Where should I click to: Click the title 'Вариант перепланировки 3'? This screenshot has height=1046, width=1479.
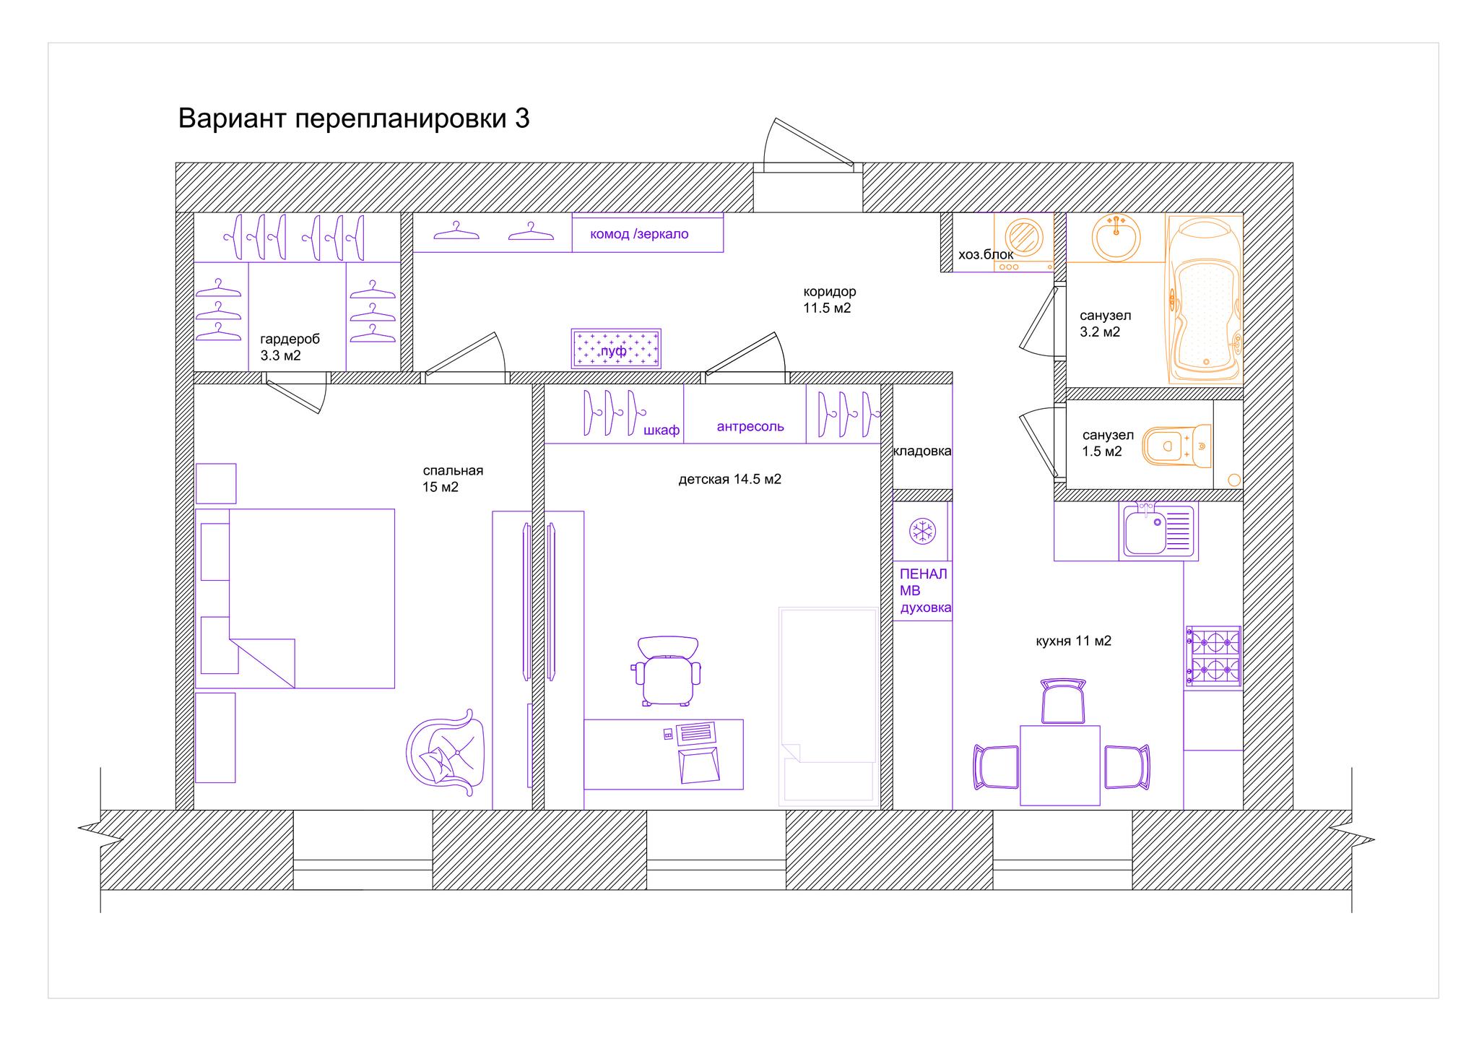coord(354,118)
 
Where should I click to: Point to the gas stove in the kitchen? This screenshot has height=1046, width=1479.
coord(1213,657)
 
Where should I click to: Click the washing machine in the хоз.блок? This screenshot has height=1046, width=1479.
coord(1023,242)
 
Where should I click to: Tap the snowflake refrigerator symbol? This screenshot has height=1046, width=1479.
coord(921,531)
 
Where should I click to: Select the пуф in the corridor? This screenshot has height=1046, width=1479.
coord(616,349)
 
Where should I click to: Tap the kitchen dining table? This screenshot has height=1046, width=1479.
coord(1059,765)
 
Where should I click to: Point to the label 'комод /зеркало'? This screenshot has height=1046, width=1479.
coord(639,234)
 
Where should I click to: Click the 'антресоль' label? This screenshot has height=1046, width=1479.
coord(750,426)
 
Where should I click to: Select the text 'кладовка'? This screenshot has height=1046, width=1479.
coord(922,451)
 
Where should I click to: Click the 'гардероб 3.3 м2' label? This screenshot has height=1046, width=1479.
coord(290,347)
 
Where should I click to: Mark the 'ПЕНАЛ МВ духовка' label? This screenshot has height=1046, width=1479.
coord(925,591)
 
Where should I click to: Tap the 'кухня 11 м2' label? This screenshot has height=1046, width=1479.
coord(1073,641)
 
